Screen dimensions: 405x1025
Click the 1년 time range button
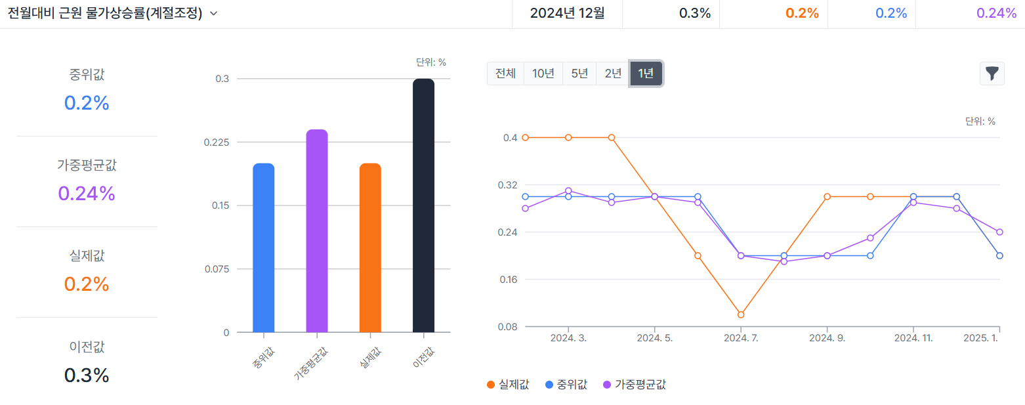tap(646, 74)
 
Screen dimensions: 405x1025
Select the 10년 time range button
tap(543, 74)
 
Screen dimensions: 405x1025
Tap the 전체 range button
tap(506, 74)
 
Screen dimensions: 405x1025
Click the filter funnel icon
tap(992, 74)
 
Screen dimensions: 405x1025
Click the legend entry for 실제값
tap(508, 385)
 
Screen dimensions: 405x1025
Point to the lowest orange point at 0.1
tap(741, 314)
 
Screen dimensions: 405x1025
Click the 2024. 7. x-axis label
tap(741, 338)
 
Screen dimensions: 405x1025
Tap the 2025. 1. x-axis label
tap(980, 338)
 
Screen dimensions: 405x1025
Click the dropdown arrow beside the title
tap(213, 14)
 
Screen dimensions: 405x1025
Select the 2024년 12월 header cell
tap(567, 14)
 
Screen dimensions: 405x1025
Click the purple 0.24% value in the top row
tap(996, 14)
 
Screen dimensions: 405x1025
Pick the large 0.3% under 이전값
tap(87, 375)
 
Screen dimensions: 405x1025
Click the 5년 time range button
tap(579, 74)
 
